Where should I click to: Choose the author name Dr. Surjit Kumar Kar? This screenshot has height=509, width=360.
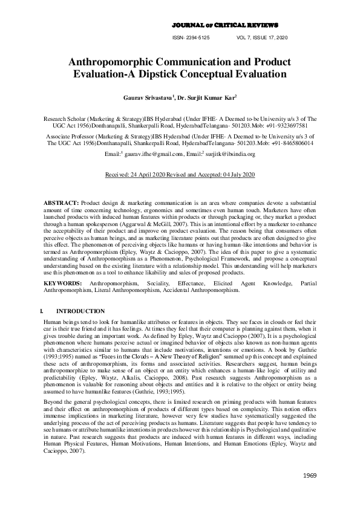(x=209, y=96)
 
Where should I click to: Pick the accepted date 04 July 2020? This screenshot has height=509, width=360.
(x=234, y=173)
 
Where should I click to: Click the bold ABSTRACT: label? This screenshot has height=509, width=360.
(x=61, y=201)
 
